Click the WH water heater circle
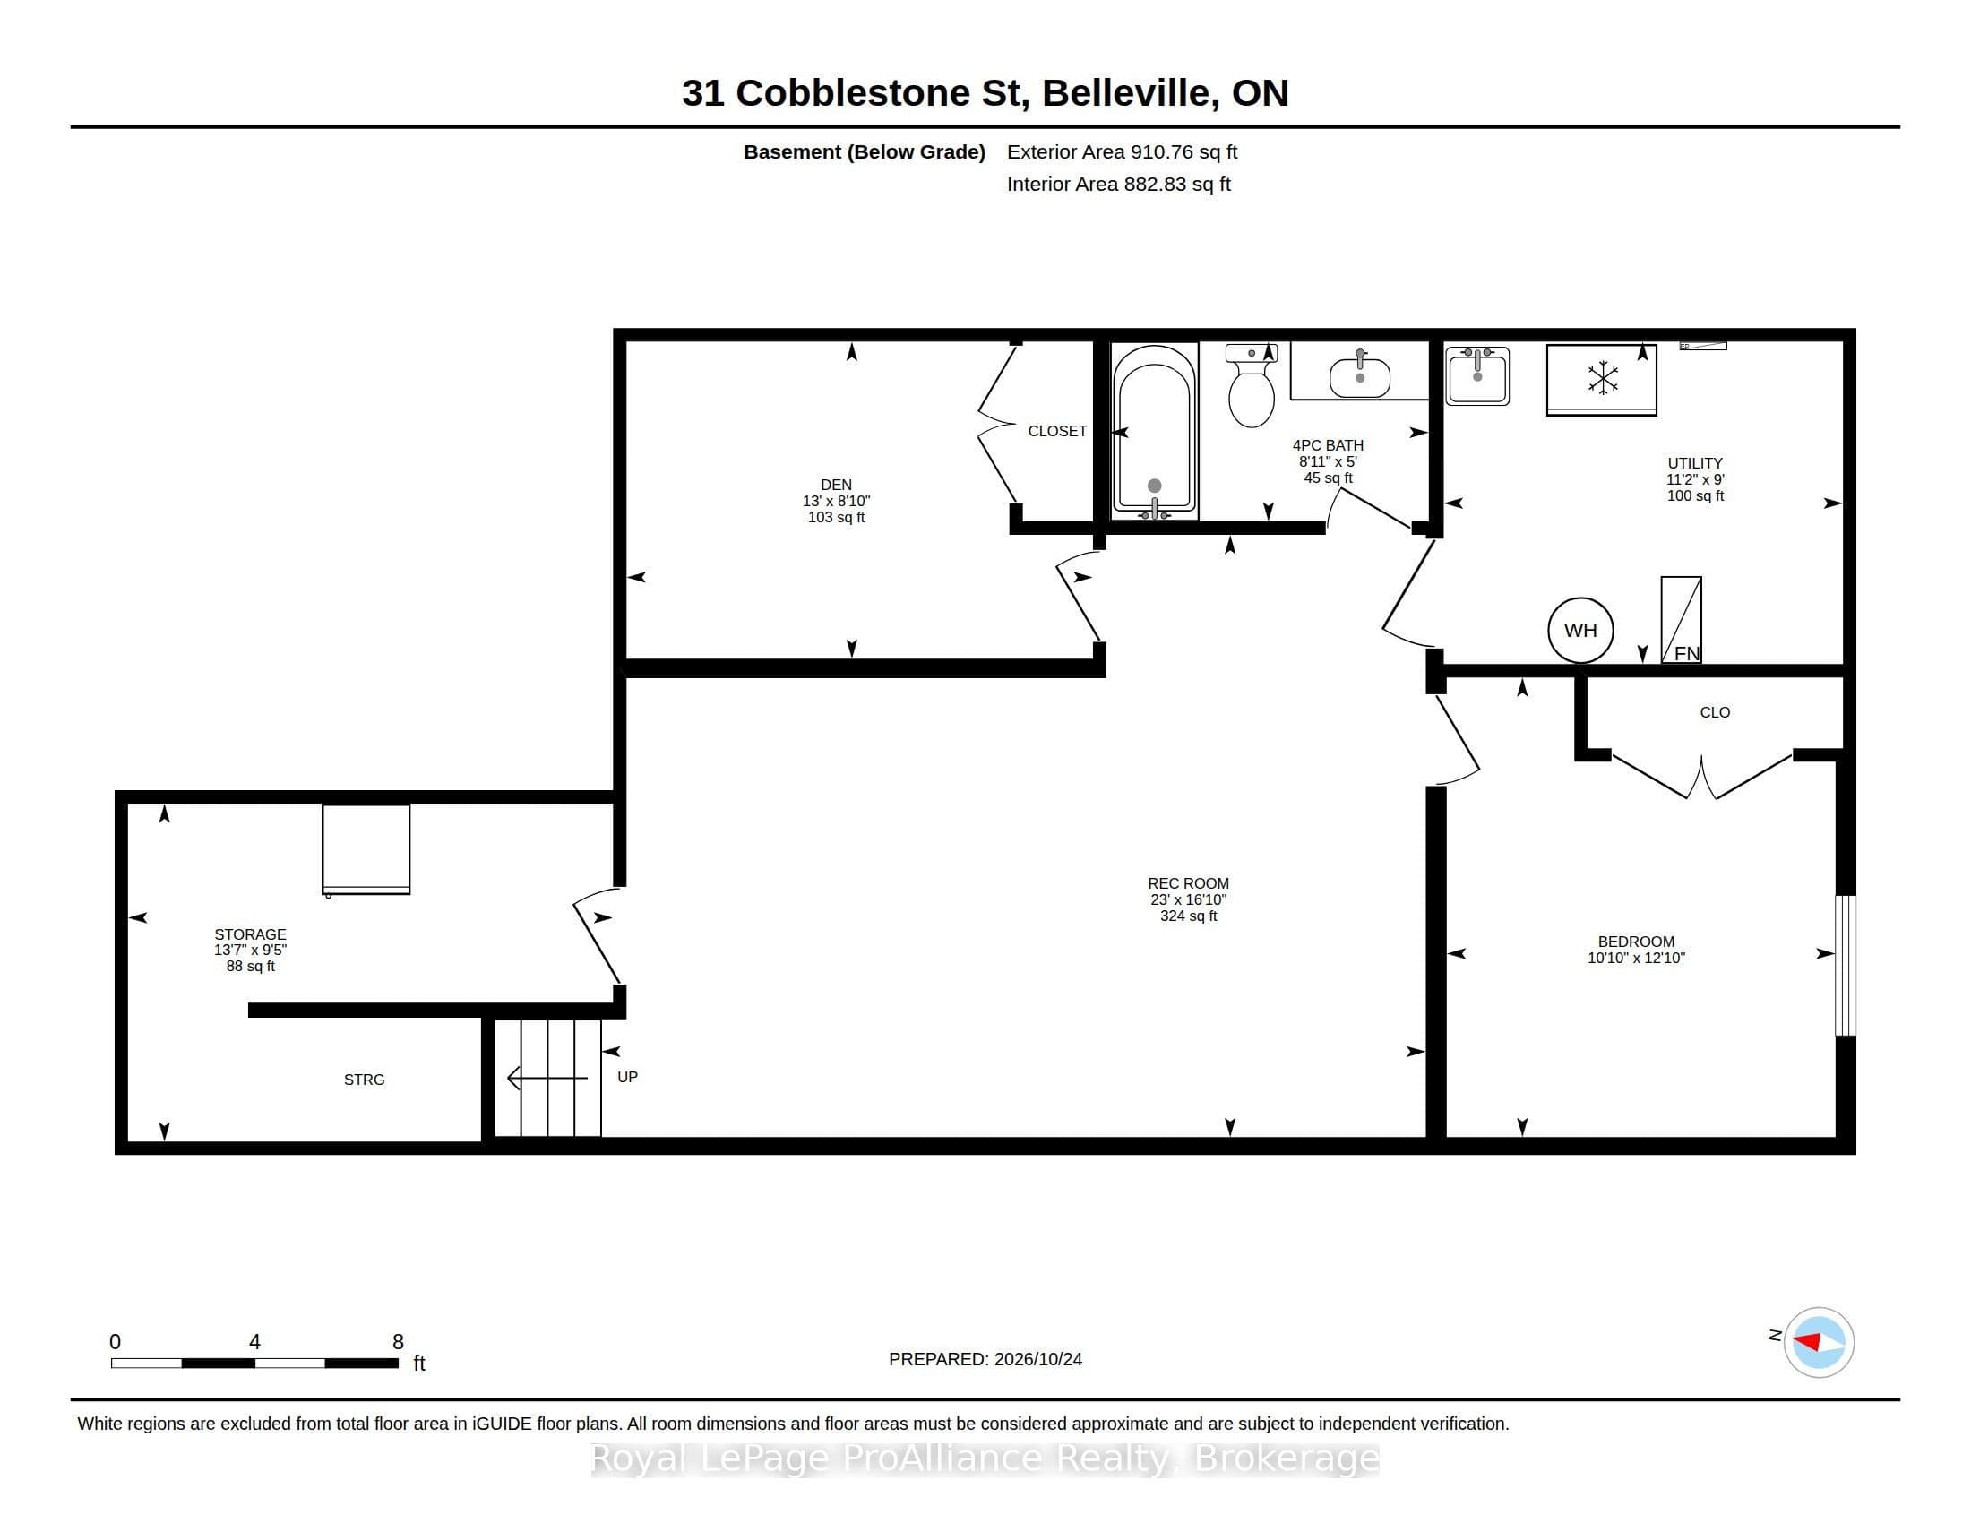coord(1580,630)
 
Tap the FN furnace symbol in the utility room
coord(1682,620)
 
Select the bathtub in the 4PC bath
coord(1154,431)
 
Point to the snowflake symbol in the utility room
coord(1603,377)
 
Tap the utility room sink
coord(1477,375)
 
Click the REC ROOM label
coord(1189,883)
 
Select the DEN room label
coord(837,485)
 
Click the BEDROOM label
coord(1636,941)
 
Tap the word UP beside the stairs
coord(627,1076)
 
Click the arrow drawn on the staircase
coord(547,1077)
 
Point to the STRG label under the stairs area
coord(365,1080)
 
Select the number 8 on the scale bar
coord(398,1342)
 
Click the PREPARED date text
coord(985,1359)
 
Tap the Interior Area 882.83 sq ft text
coord(1119,184)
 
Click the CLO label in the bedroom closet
coord(1715,712)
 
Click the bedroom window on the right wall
coord(1846,965)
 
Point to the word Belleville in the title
coord(1127,92)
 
